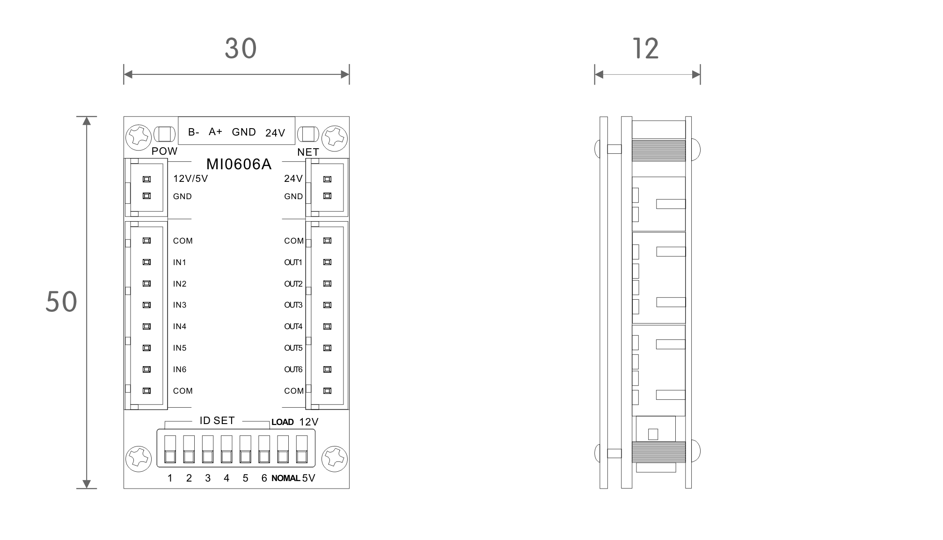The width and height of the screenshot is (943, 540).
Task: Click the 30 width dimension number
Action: [241, 48]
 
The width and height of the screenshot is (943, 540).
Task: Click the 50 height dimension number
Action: [61, 302]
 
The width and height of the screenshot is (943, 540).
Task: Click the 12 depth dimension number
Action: [646, 48]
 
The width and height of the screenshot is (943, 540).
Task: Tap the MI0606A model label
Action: [239, 164]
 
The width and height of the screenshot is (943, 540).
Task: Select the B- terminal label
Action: [194, 132]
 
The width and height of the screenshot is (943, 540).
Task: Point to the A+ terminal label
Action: [215, 131]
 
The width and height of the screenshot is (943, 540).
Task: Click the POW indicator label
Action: [164, 151]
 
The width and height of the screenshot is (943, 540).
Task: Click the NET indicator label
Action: [308, 152]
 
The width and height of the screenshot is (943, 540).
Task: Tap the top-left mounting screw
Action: [139, 137]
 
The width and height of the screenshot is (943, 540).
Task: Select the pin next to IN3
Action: [146, 305]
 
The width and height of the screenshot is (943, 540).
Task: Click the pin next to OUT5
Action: [328, 348]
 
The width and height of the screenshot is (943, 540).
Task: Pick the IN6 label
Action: [180, 369]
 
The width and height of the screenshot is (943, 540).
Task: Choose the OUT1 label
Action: [293, 262]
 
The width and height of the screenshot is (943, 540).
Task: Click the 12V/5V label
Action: [190, 179]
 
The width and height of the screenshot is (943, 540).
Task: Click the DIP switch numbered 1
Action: [170, 450]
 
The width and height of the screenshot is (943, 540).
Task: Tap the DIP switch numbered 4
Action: [227, 450]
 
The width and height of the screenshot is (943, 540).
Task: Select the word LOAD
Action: [283, 422]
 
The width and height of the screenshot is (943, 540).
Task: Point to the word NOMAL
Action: [285, 478]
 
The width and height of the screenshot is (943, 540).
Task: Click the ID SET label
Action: [217, 421]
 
